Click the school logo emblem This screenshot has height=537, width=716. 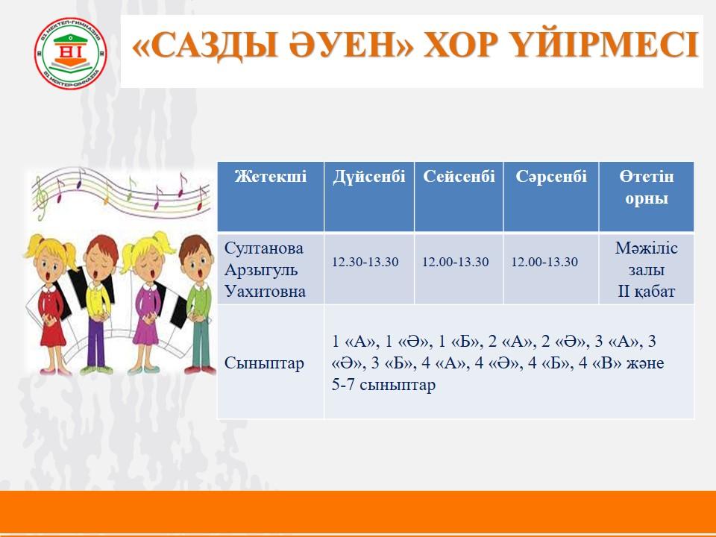(x=70, y=53)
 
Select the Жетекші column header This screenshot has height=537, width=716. (x=270, y=176)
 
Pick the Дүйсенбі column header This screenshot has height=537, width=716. (x=369, y=176)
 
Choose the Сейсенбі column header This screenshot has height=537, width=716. (x=459, y=176)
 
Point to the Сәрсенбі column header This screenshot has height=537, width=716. (x=551, y=176)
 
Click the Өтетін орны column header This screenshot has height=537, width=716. (x=647, y=187)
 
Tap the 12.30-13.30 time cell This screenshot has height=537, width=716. (x=365, y=262)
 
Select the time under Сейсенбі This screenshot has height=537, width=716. (x=455, y=262)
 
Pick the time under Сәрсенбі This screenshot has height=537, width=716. (x=544, y=262)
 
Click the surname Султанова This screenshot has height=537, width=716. (x=264, y=248)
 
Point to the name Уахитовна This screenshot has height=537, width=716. (x=265, y=292)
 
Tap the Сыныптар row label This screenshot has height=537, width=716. (x=264, y=363)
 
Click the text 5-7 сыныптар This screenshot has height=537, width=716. (x=383, y=385)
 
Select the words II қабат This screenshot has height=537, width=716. (x=646, y=292)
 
